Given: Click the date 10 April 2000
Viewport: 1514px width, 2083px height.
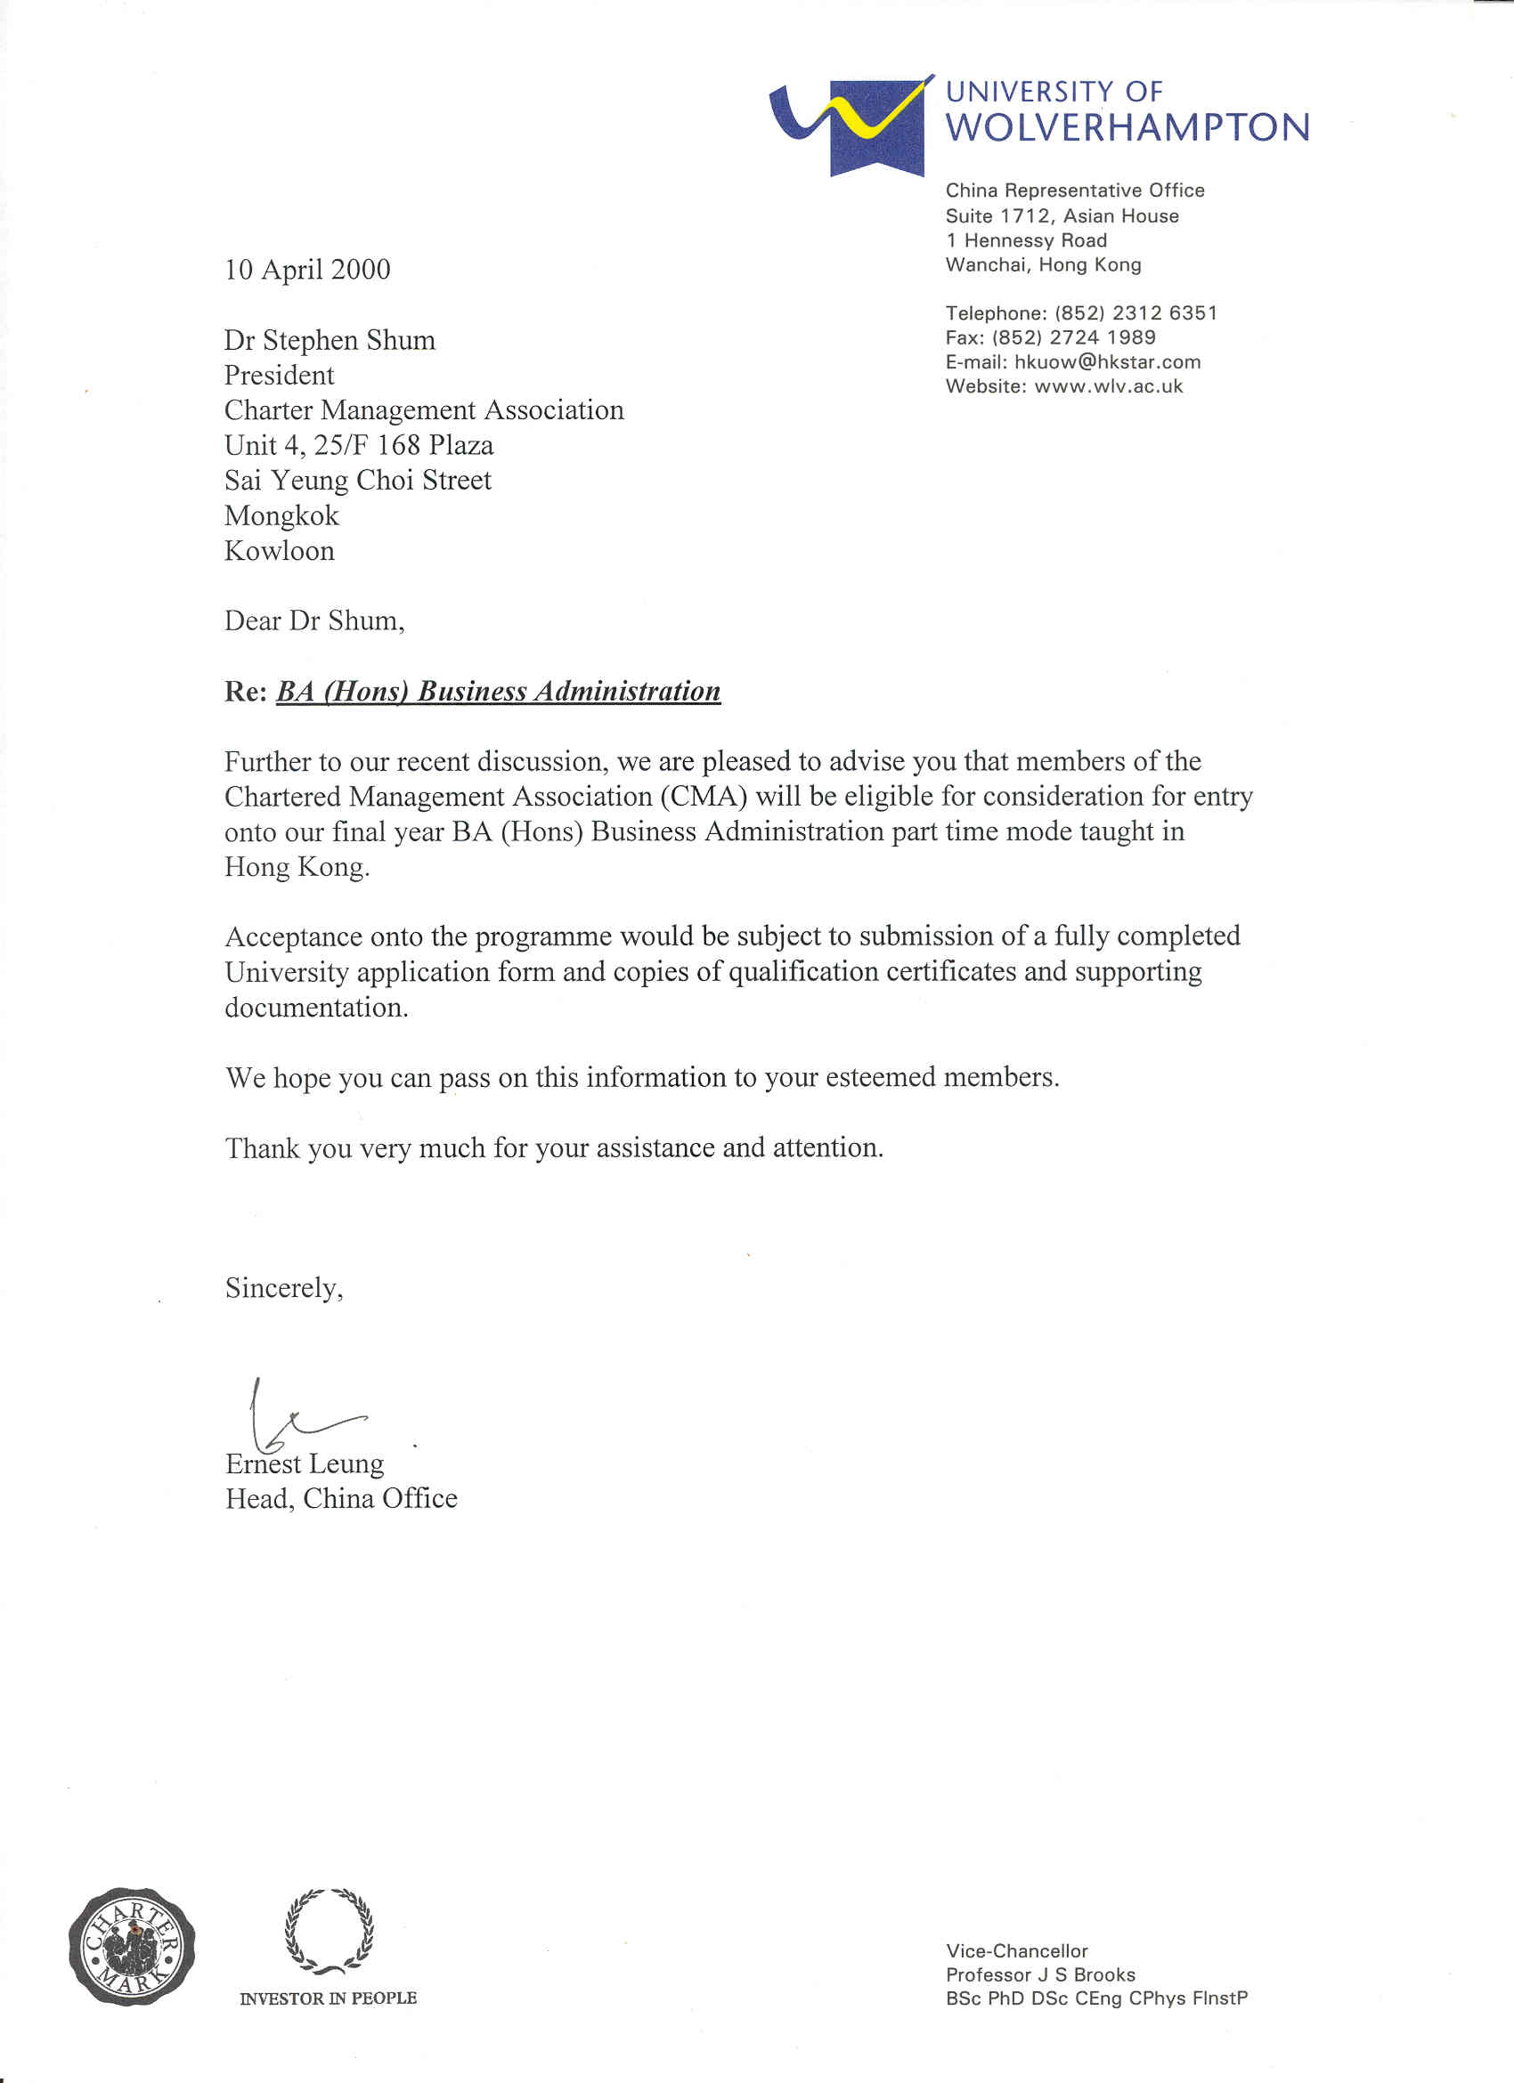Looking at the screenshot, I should (307, 269).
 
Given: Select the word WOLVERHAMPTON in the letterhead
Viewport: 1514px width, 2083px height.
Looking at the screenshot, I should (1127, 127).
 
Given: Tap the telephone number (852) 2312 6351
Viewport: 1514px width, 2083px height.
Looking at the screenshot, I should (1135, 313).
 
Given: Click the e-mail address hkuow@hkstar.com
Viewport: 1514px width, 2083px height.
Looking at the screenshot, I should (1107, 362).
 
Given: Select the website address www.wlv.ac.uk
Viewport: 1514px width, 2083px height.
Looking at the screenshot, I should (1108, 386).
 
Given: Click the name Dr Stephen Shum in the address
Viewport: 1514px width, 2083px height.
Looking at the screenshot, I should (330, 341).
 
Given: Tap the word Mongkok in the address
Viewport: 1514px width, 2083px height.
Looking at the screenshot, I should (281, 515).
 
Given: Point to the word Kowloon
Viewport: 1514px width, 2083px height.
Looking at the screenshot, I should (280, 551).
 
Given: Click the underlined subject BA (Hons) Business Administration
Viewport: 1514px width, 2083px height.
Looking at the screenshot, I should (498, 691).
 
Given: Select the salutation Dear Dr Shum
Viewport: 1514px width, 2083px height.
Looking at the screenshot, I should (313, 621).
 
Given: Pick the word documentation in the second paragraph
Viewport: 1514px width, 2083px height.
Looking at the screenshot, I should (316, 1008).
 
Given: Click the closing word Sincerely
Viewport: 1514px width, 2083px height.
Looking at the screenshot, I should (283, 1289).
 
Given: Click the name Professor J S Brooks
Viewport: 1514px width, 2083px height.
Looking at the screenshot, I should (1040, 1974).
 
